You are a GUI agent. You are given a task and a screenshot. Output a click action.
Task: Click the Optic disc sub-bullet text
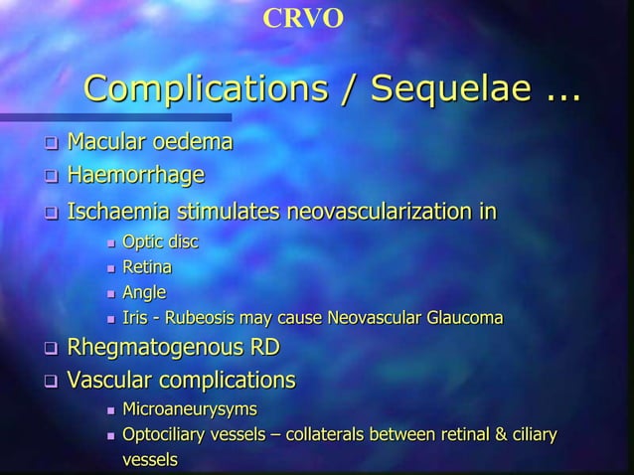(x=159, y=242)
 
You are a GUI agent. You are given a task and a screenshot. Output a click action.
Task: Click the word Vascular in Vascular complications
(x=108, y=380)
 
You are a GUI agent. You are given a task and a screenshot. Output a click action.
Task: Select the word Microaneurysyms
(x=189, y=409)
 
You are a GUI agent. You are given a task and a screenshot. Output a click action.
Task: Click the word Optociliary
(x=164, y=435)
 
